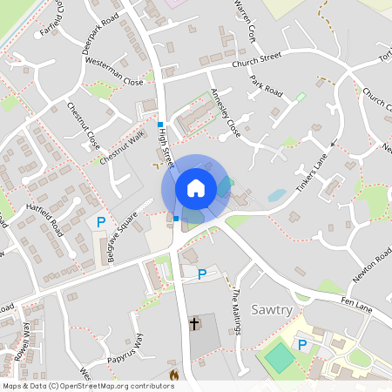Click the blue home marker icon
(x=196, y=188)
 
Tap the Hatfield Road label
(x=44, y=216)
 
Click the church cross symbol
(x=194, y=324)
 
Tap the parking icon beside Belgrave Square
(x=101, y=223)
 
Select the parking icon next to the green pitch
(x=302, y=345)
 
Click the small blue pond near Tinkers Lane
(x=276, y=195)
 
